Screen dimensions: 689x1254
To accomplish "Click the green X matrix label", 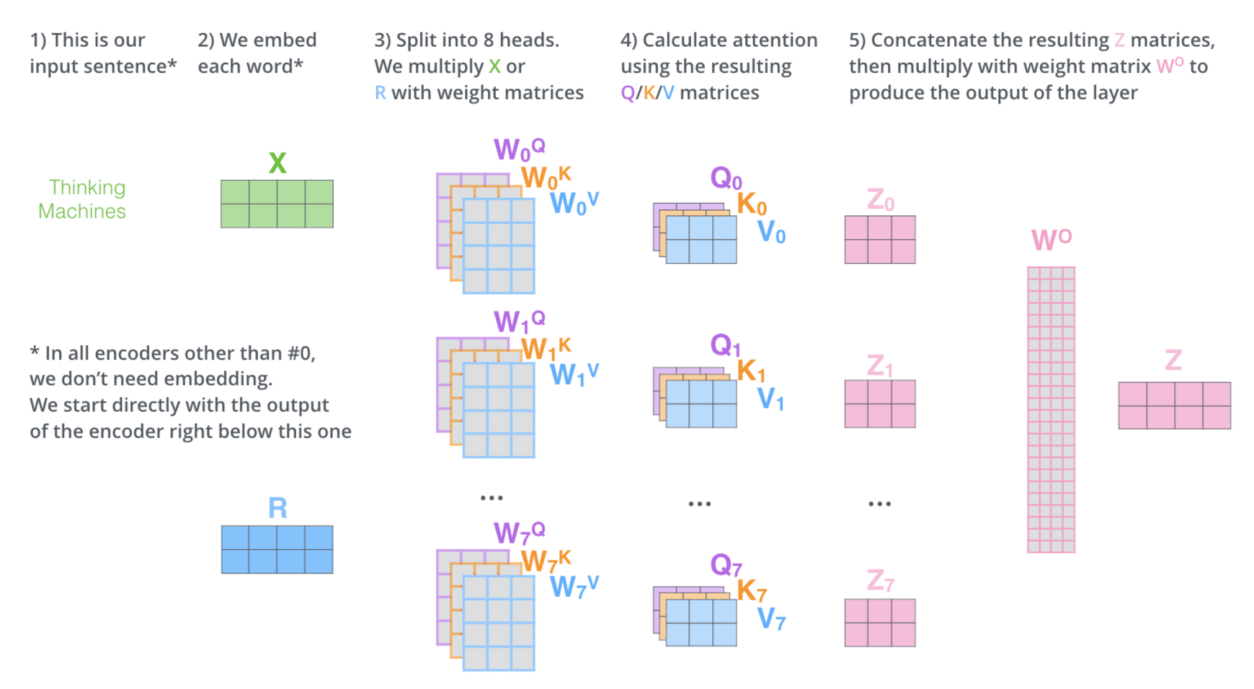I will point(277,163).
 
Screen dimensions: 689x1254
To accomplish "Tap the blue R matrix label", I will point(277,508).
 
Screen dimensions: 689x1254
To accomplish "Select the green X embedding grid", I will point(277,204).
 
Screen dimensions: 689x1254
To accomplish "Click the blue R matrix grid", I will point(277,549).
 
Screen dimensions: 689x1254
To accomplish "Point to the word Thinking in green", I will point(86,187).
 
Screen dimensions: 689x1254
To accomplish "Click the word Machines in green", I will point(82,211).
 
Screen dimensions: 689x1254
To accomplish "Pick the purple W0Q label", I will point(518,149).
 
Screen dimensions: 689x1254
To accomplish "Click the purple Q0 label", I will point(726,177).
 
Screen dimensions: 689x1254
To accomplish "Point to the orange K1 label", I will point(751,370).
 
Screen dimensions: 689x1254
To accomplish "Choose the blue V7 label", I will point(770,618).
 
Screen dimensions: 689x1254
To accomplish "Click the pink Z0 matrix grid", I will point(880,239).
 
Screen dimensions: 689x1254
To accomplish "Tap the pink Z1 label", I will point(879,366).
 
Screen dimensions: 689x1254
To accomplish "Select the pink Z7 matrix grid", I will point(880,623).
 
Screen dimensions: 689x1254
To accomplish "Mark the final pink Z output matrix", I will point(1174,406).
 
